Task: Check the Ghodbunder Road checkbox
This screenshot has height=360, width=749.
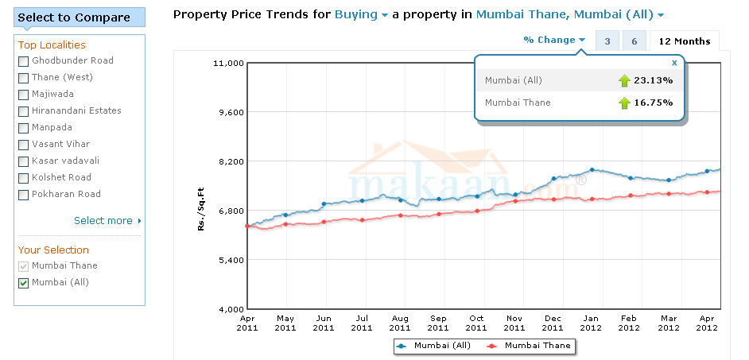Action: (23, 61)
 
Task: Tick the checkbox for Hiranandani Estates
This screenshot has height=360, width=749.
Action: (23, 111)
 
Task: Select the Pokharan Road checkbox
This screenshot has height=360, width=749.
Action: (23, 195)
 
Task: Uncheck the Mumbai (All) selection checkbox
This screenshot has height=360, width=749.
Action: (23, 283)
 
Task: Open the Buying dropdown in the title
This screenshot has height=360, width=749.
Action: (362, 14)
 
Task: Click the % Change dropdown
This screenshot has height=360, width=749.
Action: (554, 40)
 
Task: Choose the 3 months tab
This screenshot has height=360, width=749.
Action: (607, 41)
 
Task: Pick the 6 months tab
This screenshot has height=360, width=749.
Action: (634, 41)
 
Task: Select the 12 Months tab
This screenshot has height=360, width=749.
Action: (685, 41)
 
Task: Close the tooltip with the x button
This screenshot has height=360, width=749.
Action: (674, 62)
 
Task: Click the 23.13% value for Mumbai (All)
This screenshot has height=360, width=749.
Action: (653, 80)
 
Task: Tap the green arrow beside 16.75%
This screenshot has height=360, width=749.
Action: (624, 103)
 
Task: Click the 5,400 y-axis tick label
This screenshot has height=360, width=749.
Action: (227, 259)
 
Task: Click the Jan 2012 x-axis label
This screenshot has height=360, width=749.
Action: (590, 323)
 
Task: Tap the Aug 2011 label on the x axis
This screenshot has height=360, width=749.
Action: (400, 323)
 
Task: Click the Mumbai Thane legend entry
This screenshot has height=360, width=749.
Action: (529, 346)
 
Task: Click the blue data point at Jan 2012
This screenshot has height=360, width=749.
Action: (592, 170)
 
